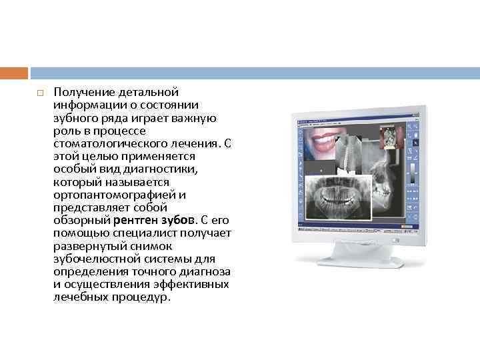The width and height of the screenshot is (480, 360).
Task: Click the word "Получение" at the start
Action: (80, 91)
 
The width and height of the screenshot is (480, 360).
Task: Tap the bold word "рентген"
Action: (135, 220)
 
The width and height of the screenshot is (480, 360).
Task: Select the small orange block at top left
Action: (14, 73)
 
